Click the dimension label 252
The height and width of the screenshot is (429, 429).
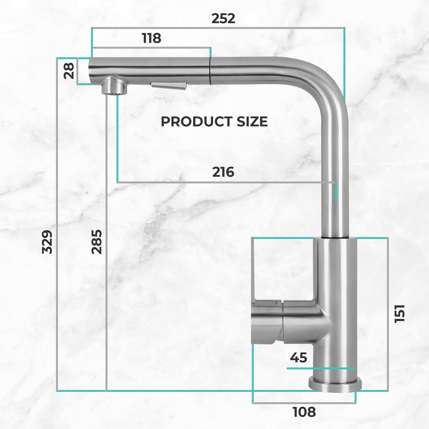223,19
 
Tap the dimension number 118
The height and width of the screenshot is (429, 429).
152,38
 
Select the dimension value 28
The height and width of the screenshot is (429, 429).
69,71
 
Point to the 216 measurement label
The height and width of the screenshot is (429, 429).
223,172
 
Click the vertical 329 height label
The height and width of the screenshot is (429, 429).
47,242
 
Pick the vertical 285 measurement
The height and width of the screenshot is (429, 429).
97,242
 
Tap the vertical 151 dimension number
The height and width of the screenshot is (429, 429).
400,314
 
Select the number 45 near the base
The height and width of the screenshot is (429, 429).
298,357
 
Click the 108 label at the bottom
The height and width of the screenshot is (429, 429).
304,412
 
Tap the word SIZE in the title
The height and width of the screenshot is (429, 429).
252,122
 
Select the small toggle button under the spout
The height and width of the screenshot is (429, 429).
169,86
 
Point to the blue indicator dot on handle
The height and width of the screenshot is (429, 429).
276,303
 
